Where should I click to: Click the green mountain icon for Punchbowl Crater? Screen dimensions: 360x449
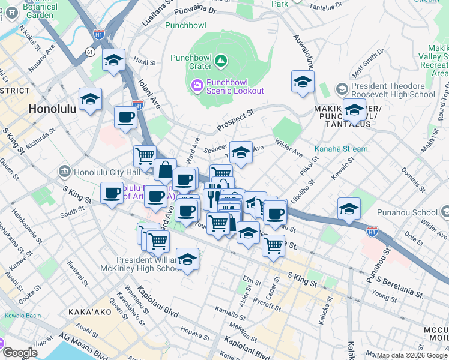[x=221, y=60]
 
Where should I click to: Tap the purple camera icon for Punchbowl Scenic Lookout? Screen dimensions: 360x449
[x=197, y=86]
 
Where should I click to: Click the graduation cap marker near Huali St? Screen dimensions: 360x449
[x=113, y=61]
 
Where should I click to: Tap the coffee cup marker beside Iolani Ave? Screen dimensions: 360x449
[x=125, y=118]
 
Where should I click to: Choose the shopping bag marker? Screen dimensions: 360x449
[x=165, y=170]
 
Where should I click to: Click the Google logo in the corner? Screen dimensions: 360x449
[x=20, y=353]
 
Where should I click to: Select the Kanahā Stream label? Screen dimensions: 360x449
[x=341, y=149]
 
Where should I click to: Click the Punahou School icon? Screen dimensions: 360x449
[x=445, y=212]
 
